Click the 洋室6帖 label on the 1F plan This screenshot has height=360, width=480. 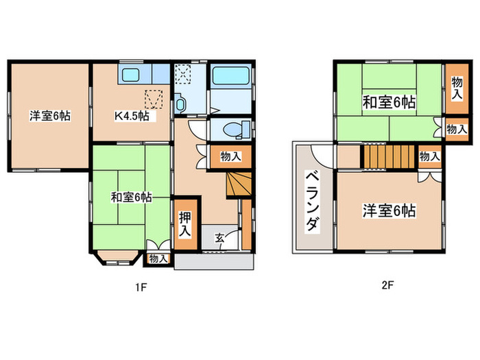pyautogui.click(x=49, y=115)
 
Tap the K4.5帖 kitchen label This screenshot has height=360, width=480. pyautogui.click(x=132, y=115)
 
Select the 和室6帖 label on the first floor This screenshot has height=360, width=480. pyautogui.click(x=131, y=197)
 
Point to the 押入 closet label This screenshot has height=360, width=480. pyautogui.click(x=185, y=224)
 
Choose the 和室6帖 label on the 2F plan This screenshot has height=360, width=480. pyautogui.click(x=389, y=103)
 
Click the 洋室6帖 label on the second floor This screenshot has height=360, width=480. pyautogui.click(x=389, y=211)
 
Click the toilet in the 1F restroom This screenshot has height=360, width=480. pyautogui.click(x=231, y=128)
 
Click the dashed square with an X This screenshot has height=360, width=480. pyautogui.click(x=183, y=73)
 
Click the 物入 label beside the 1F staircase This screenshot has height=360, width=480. pyautogui.click(x=230, y=157)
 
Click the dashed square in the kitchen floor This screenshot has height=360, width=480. pyautogui.click(x=154, y=99)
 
